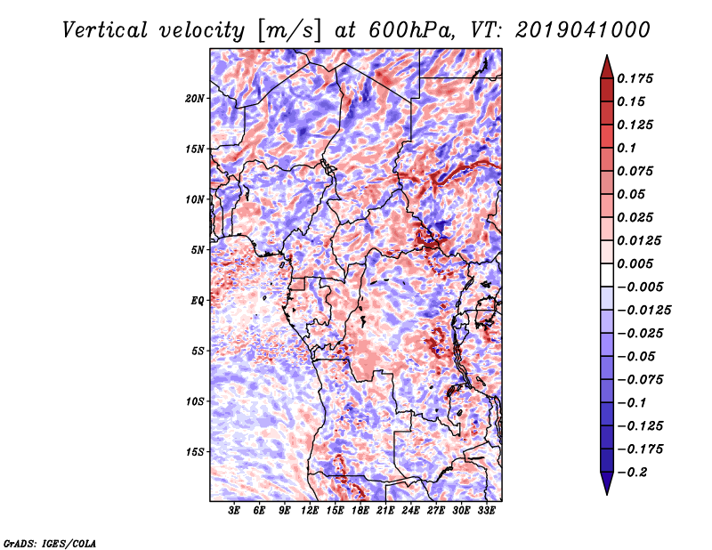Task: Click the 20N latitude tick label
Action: coord(195,99)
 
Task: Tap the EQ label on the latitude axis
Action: coord(198,301)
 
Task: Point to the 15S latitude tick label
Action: coord(195,452)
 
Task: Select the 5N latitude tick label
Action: coord(198,250)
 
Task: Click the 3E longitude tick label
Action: coord(234,511)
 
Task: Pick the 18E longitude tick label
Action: coord(360,511)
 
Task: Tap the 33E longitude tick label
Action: coord(486,511)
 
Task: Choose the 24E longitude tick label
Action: coord(410,511)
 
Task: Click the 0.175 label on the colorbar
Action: coord(635,78)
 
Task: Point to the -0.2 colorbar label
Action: coord(632,473)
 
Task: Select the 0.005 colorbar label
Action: coord(635,263)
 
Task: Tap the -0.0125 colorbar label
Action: coord(643,311)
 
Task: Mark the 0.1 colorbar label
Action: coord(627,148)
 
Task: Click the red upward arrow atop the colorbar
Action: coord(607,68)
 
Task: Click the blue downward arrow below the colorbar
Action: coord(607,483)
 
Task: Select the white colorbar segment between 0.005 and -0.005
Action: coord(607,275)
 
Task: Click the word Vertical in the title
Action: coord(105,30)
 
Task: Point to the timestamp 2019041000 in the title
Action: coord(583,30)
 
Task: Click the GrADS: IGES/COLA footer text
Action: coord(50,543)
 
